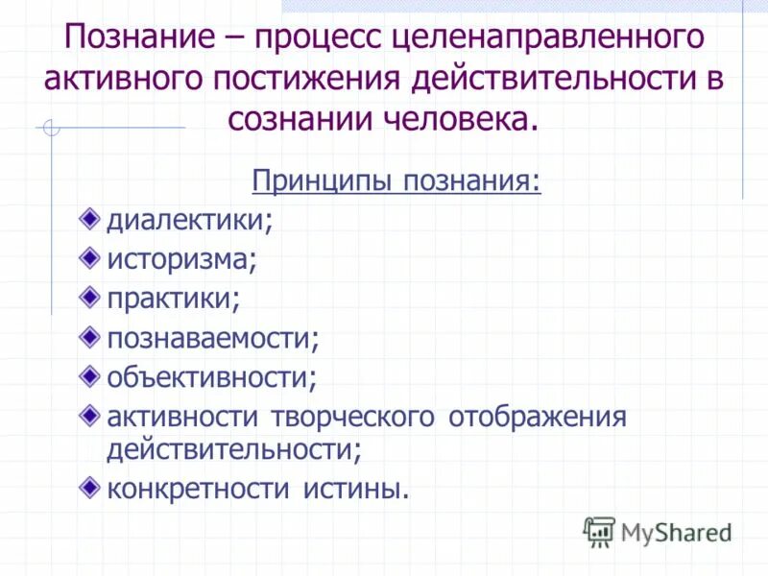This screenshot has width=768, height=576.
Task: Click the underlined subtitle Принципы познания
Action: tap(396, 180)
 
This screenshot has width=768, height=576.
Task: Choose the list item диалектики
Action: tap(189, 220)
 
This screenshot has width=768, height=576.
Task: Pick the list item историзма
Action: tap(181, 258)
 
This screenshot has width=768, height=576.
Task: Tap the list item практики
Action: tap(173, 298)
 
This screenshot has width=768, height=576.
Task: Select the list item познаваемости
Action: tap(212, 337)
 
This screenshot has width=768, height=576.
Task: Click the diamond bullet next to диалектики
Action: tap(89, 217)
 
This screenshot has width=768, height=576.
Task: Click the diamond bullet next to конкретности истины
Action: tap(89, 486)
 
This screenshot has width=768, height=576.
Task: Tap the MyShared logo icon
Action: tap(599, 531)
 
